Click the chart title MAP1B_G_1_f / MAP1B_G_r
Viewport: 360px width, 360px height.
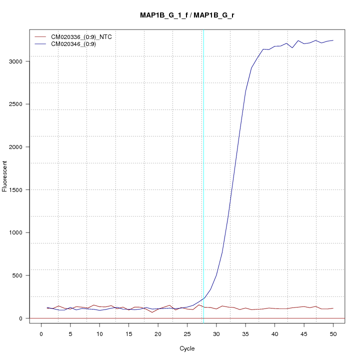click(187, 15)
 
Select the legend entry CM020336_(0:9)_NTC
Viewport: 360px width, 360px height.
click(85, 36)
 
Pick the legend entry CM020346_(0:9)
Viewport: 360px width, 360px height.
click(77, 44)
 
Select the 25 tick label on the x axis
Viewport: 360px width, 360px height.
click(187, 333)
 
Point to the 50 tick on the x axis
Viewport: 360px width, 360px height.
click(333, 333)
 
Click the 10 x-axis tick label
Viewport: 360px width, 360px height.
click(99, 333)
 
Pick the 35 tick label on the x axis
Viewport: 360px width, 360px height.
click(245, 333)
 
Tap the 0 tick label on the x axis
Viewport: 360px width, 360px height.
click(41, 333)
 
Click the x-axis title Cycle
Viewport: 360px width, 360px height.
click(187, 348)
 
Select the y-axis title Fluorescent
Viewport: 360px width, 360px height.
click(5, 176)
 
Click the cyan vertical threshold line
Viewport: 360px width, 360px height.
click(203, 175)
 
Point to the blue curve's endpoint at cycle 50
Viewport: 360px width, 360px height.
click(333, 40)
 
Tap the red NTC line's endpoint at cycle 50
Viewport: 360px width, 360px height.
click(333, 308)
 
